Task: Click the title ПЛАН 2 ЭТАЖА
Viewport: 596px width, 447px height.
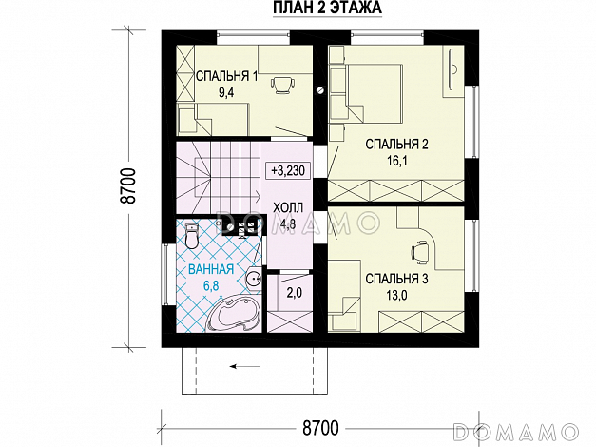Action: [x=327, y=8]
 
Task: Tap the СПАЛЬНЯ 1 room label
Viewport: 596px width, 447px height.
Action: [x=227, y=76]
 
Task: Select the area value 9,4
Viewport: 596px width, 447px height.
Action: [x=226, y=93]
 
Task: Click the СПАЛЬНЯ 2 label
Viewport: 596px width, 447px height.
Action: [x=396, y=145]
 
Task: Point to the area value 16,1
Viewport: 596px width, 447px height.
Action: [x=396, y=161]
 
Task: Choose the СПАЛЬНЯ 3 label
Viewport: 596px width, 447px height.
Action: [x=396, y=279]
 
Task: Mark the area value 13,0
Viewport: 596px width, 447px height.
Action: [x=396, y=295]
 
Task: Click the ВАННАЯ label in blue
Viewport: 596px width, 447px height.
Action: [x=211, y=270]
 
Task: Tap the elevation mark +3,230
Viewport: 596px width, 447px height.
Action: [x=288, y=171]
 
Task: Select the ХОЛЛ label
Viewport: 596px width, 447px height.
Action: [x=288, y=207]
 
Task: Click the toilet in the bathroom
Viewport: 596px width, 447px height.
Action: [x=192, y=236]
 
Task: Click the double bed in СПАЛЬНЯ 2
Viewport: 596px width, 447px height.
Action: [x=374, y=93]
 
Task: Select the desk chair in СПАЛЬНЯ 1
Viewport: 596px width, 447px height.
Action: [x=283, y=85]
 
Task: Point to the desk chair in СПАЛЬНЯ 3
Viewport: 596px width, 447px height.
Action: [x=419, y=251]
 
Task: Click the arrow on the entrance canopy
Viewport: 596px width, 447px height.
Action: [x=245, y=367]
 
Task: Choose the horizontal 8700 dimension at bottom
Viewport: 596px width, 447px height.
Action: [x=320, y=428]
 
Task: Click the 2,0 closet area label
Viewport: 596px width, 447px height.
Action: [x=294, y=292]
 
